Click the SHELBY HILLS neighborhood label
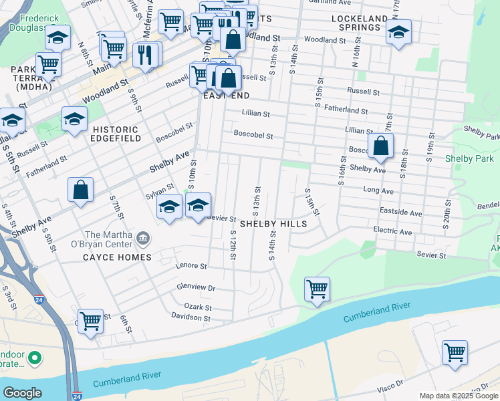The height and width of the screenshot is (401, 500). pyautogui.click(x=273, y=224)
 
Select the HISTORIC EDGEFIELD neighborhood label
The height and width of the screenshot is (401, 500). pyautogui.click(x=116, y=134)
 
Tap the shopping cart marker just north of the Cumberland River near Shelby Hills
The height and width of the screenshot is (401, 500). pyautogui.click(x=317, y=289)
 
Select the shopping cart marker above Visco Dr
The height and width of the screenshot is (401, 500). pyautogui.click(x=455, y=352)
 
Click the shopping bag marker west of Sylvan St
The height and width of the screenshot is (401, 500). pyautogui.click(x=80, y=190)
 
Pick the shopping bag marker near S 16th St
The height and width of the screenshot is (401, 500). pyautogui.click(x=380, y=146)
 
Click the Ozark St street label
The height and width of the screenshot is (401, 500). pyautogui.click(x=199, y=307)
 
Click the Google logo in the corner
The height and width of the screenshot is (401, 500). pyautogui.click(x=23, y=393)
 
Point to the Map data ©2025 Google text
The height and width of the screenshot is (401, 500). pyautogui.click(x=458, y=396)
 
